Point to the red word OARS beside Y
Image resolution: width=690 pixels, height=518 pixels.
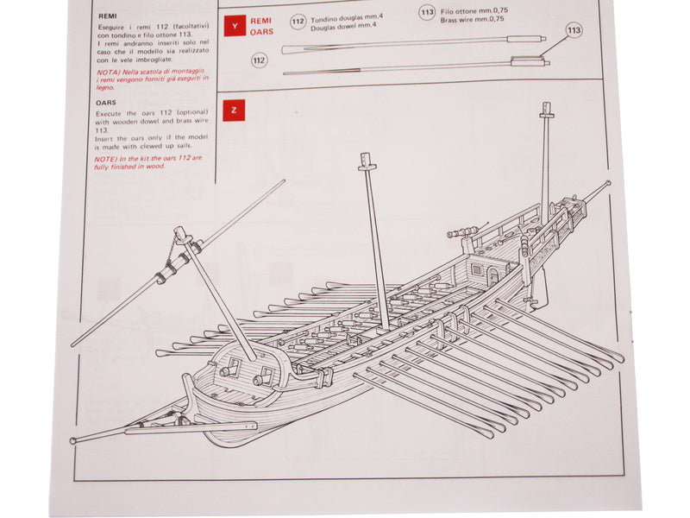coord(261,31)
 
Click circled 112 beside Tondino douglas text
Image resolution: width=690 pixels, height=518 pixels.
coord(298,21)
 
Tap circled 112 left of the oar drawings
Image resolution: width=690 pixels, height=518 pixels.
coord(259,60)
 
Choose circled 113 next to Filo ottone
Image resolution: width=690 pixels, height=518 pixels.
coord(426,12)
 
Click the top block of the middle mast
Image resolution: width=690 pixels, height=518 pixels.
coord(364,161)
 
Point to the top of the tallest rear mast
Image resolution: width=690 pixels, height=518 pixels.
coord(546,110)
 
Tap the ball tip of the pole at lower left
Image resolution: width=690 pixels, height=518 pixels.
coord(74,441)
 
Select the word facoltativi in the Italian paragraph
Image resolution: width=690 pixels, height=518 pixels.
coord(189,29)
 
